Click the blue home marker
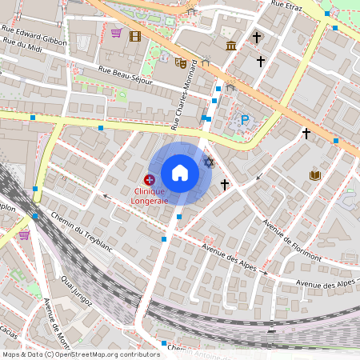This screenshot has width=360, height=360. coord(180,173)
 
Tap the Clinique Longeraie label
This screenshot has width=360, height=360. coord(150,196)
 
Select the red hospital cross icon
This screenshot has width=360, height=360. coord(150,180)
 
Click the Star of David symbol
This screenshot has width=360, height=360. coord(210,162)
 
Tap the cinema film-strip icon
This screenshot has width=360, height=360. coord(134,36)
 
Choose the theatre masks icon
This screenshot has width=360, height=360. coord(181,62)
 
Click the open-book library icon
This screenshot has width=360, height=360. coord(315,175)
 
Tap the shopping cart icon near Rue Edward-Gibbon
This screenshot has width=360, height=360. coord(116,33)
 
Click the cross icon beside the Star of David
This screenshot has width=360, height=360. coord(225,184)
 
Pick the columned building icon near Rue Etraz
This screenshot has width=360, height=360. coord(231,45)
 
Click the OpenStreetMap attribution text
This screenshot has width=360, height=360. coord(80,354)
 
